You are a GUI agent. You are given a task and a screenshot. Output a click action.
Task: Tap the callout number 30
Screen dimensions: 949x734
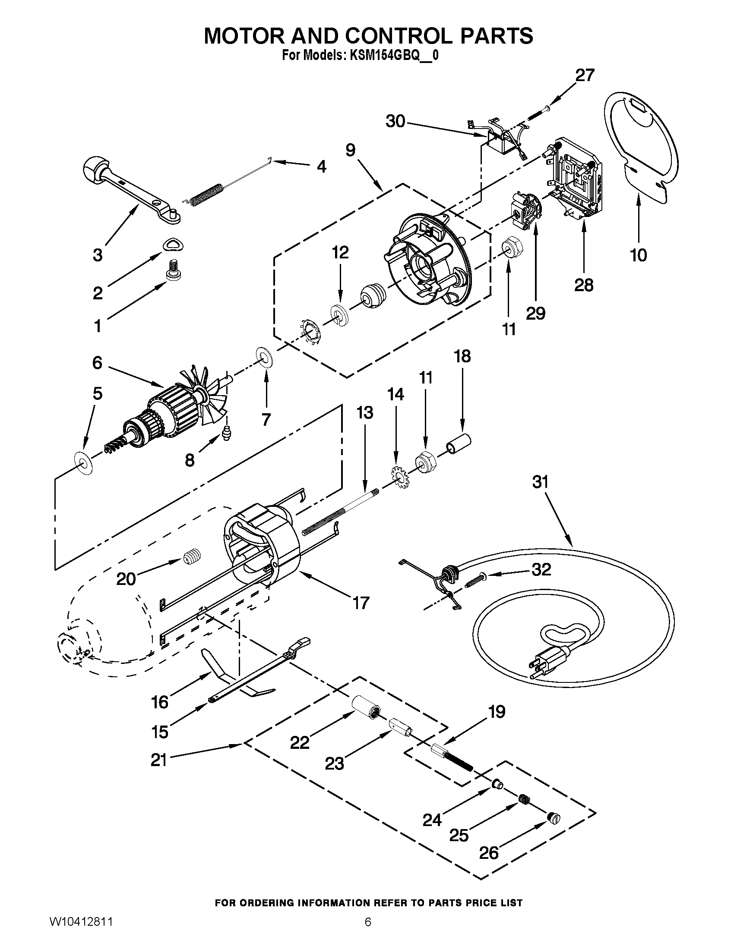[395, 122]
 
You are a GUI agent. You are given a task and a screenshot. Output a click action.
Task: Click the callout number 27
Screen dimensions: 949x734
[585, 75]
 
